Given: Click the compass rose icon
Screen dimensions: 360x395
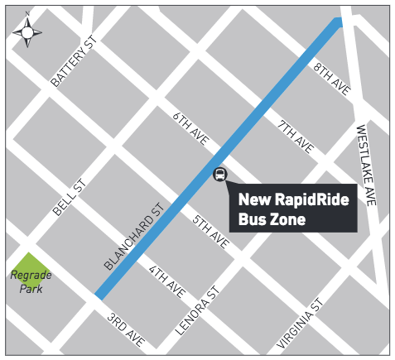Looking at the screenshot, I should click(27, 31).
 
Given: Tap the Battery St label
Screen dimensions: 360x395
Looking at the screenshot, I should click(73, 62).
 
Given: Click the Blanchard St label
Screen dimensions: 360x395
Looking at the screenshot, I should click(132, 238).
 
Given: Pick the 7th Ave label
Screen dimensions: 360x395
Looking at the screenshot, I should click(296, 137).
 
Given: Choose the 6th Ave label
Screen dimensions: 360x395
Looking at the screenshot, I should click(189, 131).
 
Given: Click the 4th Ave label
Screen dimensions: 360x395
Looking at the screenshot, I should click(166, 282).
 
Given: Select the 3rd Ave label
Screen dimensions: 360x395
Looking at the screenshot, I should click(126, 330).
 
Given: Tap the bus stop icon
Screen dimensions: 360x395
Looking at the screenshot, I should click(220, 175).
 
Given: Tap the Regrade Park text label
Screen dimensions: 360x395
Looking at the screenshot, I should click(30, 281).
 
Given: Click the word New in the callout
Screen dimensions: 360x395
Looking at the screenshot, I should click(254, 199).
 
